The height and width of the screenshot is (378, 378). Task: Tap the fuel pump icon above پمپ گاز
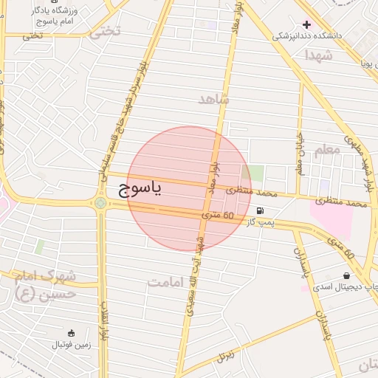click(x=261, y=210)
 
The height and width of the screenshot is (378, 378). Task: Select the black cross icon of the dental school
click(x=306, y=24)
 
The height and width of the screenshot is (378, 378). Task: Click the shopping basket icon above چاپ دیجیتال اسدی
click(x=346, y=276)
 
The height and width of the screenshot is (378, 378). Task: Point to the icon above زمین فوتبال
click(x=71, y=334)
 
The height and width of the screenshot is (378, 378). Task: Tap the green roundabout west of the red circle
click(x=100, y=202)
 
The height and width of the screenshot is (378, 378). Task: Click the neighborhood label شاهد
click(x=215, y=99)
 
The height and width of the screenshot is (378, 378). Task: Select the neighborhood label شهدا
click(x=318, y=55)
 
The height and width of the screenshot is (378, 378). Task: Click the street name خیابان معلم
click(x=300, y=152)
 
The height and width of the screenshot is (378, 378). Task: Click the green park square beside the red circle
click(x=255, y=173)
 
